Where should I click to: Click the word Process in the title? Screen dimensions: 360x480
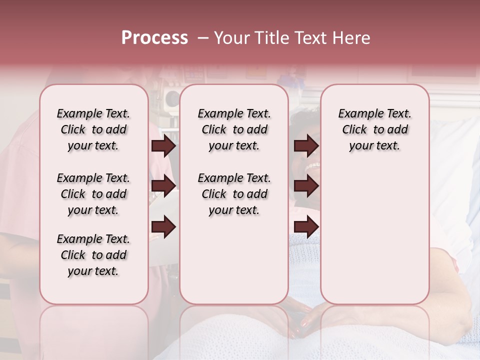154,38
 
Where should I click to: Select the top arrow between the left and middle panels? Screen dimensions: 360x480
163,146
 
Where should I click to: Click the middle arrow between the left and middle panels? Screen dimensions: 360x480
163,186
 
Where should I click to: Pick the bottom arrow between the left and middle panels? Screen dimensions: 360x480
163,227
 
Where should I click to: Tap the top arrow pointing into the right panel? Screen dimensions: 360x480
306,146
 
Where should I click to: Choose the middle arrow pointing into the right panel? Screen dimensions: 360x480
306,186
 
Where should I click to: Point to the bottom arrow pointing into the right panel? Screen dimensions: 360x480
306,227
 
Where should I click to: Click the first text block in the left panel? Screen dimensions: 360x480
93,129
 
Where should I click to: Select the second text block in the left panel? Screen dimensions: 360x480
93,194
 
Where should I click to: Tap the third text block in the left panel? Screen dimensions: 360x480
93,255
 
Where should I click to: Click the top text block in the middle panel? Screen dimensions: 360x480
234,129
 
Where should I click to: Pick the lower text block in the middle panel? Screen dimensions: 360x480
234,194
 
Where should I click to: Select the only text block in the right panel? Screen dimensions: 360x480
374,129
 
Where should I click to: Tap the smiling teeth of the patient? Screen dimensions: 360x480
313,166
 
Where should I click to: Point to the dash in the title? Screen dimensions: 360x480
203,38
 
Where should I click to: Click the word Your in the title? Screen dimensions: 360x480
230,38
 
